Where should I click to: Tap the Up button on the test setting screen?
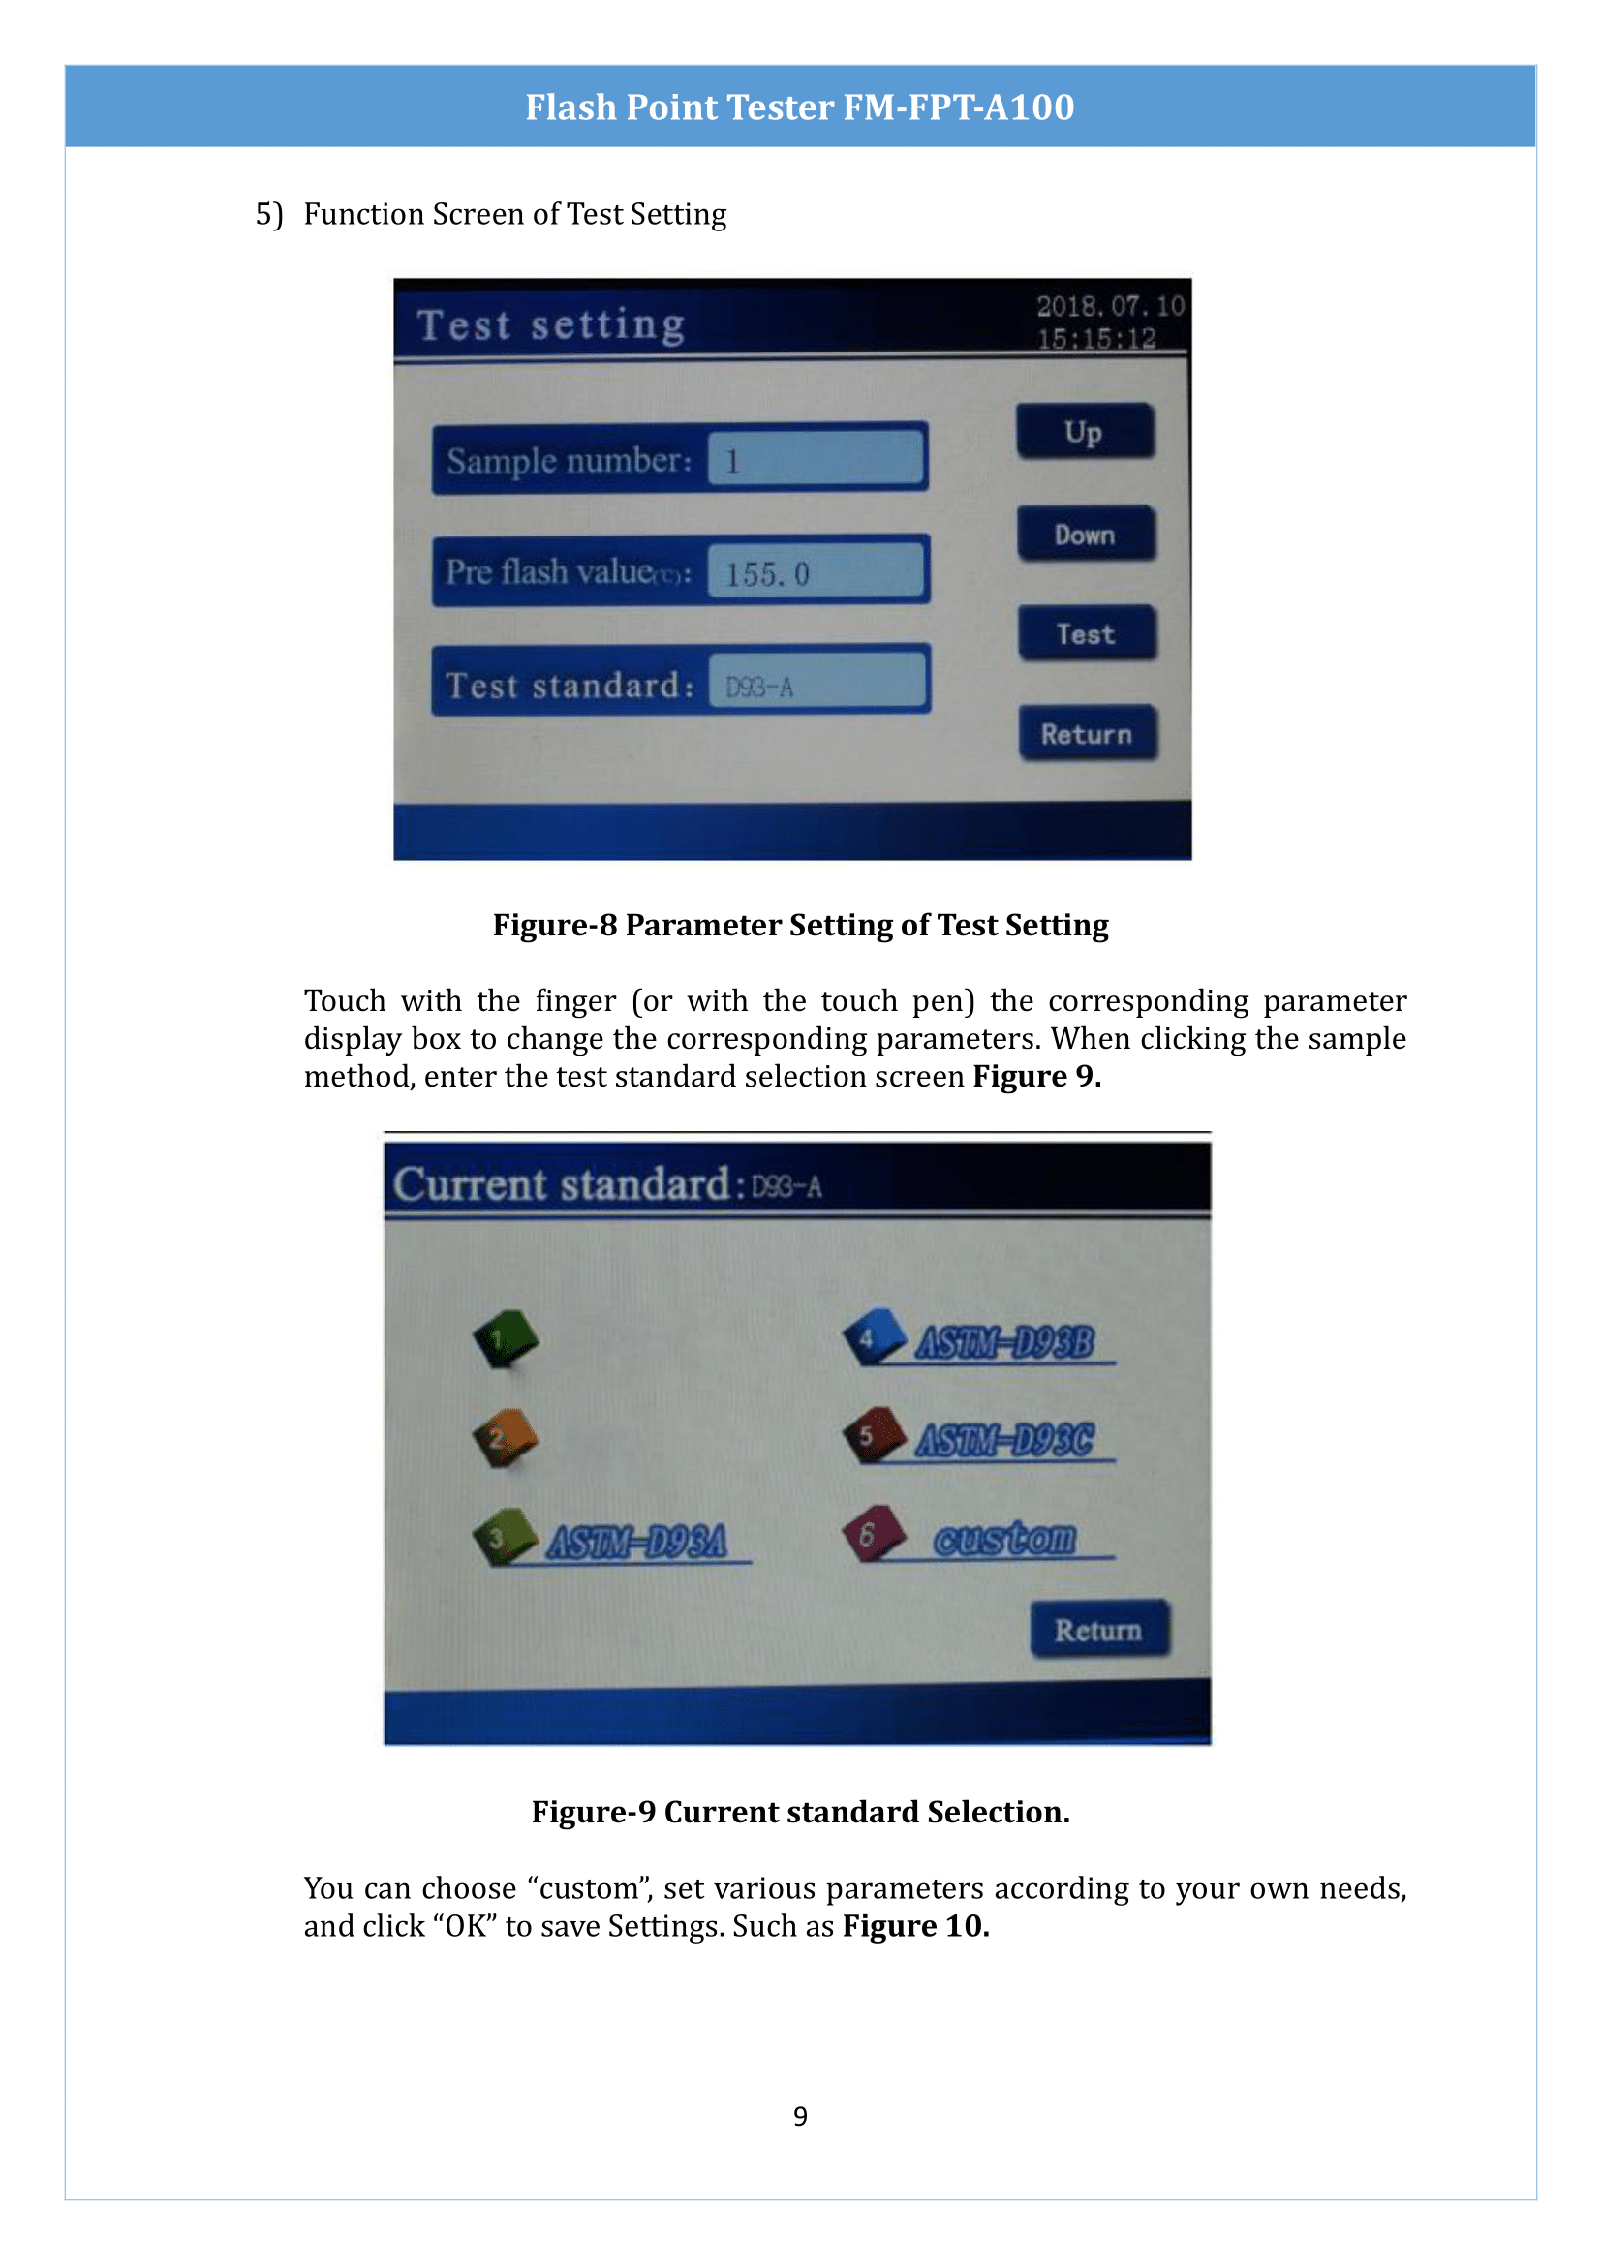[1084, 431]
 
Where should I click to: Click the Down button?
[1085, 534]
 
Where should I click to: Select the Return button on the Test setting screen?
[1087, 733]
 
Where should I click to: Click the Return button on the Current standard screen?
[1099, 1630]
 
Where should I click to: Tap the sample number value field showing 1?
[816, 460]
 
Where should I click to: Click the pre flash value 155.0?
[816, 572]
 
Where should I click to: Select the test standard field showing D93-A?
[816, 685]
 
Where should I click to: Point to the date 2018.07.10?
[1110, 306]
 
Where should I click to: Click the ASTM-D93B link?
[1004, 1341]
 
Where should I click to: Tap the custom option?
[1004, 1538]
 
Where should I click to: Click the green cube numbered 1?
[505, 1337]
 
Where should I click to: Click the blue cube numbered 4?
[874, 1336]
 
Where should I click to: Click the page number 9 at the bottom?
[800, 2115]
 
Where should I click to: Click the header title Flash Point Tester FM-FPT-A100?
[800, 107]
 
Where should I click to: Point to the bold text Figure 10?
[914, 1925]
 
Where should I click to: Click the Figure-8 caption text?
[800, 925]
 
